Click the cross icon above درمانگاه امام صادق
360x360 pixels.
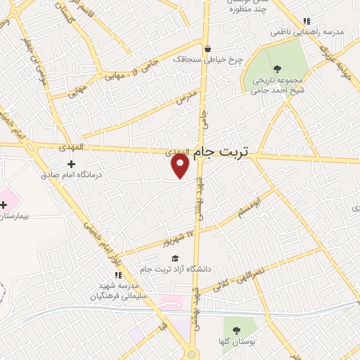click(70, 164)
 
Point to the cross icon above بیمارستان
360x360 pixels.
click(4, 205)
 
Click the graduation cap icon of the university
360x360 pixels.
click(174, 258)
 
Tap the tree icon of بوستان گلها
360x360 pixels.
click(235, 330)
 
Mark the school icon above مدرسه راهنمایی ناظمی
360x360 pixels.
click(305, 22)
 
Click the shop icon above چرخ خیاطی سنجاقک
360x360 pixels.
click(207, 49)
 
